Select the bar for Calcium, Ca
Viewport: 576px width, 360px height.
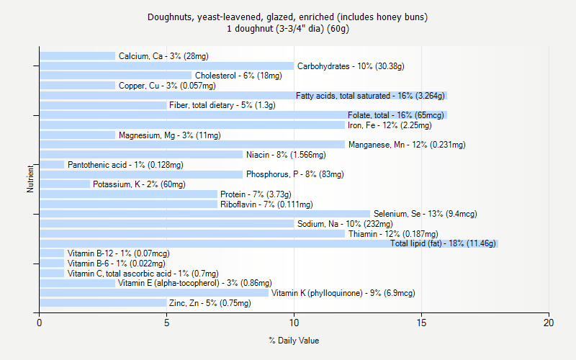click(x=77, y=55)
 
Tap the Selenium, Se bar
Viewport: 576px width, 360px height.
click(x=204, y=214)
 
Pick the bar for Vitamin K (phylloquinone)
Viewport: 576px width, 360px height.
click(x=153, y=293)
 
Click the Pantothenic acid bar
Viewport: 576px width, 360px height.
click(x=52, y=164)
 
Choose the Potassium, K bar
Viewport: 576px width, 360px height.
click(x=65, y=184)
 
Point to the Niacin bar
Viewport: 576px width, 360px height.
click(x=141, y=154)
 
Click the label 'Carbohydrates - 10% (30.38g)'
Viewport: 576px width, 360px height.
click(x=351, y=66)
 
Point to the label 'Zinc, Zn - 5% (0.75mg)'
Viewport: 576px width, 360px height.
click(x=210, y=303)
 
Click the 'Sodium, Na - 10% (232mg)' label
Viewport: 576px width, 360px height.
click(x=341, y=224)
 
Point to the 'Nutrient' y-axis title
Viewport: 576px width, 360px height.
click(x=30, y=179)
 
